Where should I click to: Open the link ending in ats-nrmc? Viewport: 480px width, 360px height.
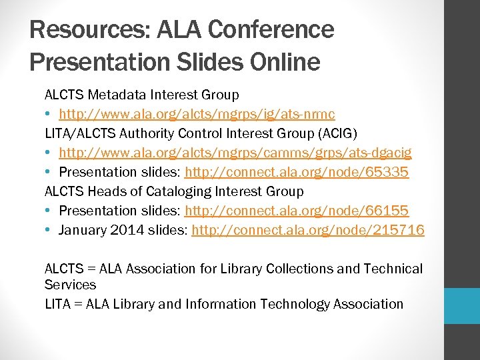click(x=197, y=115)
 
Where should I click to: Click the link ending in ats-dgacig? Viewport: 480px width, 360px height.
click(x=235, y=153)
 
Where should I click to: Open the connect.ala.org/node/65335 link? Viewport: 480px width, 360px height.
click(x=297, y=173)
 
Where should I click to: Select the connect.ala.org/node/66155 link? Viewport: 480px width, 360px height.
click(x=297, y=211)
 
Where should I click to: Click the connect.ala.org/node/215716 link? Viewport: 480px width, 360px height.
click(x=308, y=231)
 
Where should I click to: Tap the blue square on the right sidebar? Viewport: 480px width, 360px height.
click(x=462, y=305)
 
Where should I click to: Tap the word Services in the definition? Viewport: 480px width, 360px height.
click(x=70, y=285)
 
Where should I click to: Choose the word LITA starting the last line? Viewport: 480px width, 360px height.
click(x=59, y=304)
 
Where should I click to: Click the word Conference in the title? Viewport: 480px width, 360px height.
click(x=271, y=30)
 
